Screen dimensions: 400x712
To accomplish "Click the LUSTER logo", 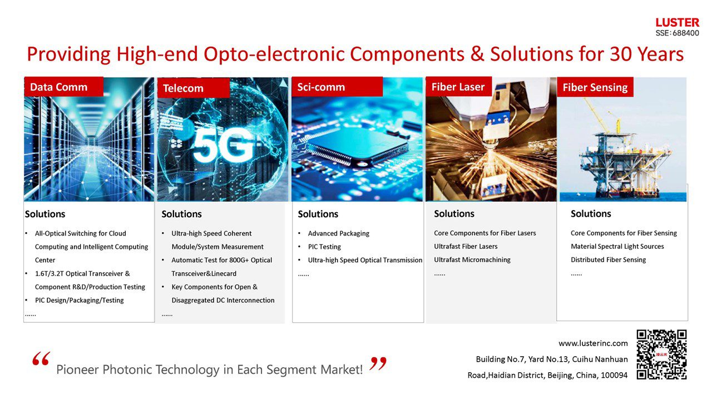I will point(677,23).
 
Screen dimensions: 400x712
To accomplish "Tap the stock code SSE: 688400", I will point(677,33).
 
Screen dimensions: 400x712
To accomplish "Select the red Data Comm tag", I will point(63,87).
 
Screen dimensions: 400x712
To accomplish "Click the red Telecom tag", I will point(192,88).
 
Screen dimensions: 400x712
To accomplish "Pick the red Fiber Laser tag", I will point(458,87).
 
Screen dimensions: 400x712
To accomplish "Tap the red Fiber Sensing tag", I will point(595,87).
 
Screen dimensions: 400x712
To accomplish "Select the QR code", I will point(661,354).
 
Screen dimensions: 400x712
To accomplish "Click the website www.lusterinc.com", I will point(593,343).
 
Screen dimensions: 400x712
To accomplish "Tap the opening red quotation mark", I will point(41,360).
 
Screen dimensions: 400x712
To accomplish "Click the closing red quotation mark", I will point(378,364).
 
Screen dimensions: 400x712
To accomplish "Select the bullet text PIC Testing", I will point(324,247).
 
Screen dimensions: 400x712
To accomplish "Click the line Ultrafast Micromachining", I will point(472,260).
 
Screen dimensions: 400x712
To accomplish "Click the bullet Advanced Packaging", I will point(338,233).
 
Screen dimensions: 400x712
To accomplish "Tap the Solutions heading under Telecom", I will point(181,214).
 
